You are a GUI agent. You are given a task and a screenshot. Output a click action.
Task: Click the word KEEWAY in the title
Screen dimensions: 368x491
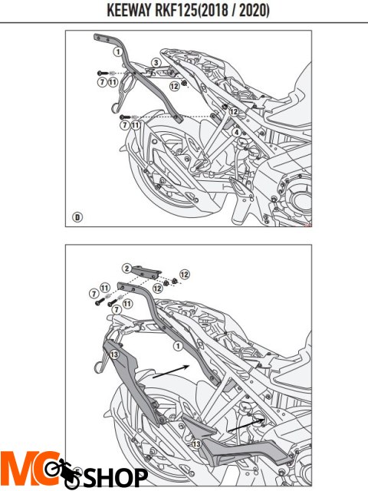[x=130, y=10]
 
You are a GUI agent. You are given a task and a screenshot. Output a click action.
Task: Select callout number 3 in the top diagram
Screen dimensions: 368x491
[x=156, y=63]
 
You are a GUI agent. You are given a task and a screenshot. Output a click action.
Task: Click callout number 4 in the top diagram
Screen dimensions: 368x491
[x=237, y=133]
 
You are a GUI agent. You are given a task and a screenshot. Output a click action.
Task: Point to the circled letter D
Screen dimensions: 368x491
[x=77, y=217]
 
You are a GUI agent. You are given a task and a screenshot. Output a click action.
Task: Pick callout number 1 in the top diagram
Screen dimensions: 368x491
[x=118, y=51]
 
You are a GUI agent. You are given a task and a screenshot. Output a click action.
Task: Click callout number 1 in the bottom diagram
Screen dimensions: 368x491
[x=178, y=346]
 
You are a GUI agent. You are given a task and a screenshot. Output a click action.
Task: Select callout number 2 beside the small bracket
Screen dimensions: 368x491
[x=127, y=269]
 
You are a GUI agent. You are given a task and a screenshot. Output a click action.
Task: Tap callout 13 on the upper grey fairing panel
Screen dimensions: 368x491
[x=114, y=354]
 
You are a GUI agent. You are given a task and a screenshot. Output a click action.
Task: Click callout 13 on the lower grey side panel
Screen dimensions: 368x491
[x=196, y=443]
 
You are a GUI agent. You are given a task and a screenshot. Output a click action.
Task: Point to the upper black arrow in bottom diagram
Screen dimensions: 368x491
[x=171, y=371]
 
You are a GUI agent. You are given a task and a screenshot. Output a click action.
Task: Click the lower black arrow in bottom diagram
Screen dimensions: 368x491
[x=247, y=425]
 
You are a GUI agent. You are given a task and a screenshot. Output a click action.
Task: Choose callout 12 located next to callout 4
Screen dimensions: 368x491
[x=234, y=111]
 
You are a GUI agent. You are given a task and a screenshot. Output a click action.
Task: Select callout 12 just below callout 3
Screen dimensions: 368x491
[x=175, y=86]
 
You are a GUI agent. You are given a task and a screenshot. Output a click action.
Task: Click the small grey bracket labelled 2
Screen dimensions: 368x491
[x=146, y=272]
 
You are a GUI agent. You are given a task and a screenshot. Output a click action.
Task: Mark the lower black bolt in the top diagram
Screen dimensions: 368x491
[x=125, y=117]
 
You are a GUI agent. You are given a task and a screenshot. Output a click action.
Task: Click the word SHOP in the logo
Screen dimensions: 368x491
[x=115, y=478]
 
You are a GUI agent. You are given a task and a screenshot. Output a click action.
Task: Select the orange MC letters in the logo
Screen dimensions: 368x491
[x=30, y=469]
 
